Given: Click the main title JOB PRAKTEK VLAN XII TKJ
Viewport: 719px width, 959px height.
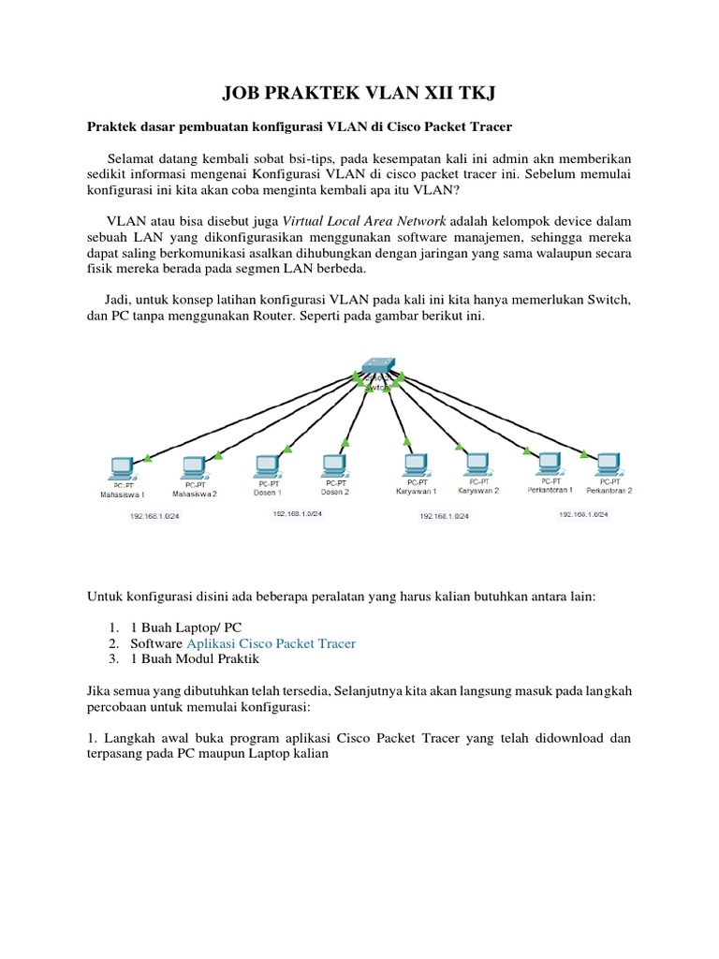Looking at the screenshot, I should coord(359,93).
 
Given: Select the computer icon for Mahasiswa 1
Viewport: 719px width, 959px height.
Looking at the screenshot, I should coord(121,466).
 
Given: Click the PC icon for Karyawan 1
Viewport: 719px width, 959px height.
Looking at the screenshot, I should coord(415,465).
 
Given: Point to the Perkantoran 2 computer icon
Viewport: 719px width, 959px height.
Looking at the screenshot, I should coord(609,463).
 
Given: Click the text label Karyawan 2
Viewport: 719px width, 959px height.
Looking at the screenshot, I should coord(478,490).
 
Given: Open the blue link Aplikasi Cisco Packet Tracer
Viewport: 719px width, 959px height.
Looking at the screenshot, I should coord(271,644).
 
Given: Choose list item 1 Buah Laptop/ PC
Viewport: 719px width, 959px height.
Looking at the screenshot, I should coord(184,627).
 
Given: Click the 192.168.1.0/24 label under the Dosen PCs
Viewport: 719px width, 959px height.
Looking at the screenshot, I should coord(297,514).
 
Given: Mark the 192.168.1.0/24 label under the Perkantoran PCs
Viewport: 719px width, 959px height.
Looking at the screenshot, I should coord(583,514).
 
